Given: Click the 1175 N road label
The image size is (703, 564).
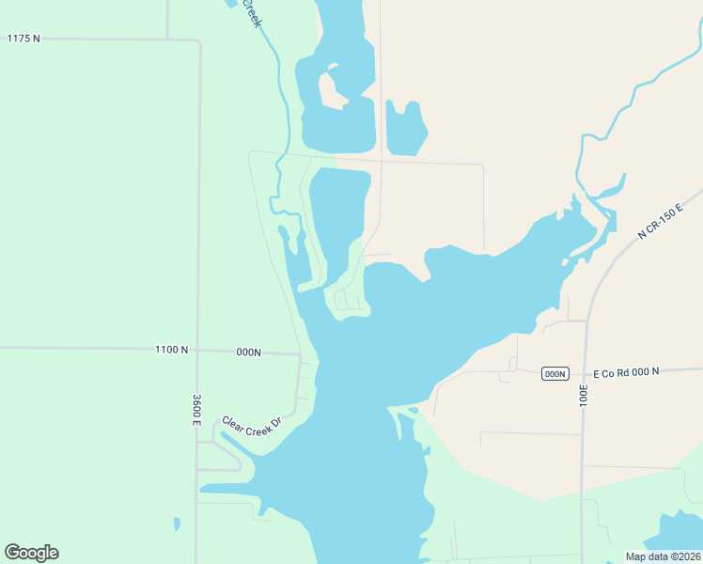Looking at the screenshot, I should pyautogui.click(x=23, y=39).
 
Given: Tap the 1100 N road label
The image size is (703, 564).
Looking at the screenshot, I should pyautogui.click(x=171, y=350).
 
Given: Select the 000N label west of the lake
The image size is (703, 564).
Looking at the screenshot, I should pyautogui.click(x=248, y=352).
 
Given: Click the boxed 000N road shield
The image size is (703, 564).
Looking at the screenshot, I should pyautogui.click(x=555, y=374).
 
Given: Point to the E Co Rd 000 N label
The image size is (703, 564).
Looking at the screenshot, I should pyautogui.click(x=620, y=372).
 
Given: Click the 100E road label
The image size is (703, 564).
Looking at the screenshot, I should pyautogui.click(x=584, y=394).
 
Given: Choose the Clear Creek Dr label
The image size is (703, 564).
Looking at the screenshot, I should pyautogui.click(x=252, y=427).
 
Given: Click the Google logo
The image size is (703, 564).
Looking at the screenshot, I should pyautogui.click(x=31, y=553).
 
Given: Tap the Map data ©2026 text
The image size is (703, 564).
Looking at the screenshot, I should pyautogui.click(x=663, y=556).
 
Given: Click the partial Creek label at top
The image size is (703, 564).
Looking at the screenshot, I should pyautogui.click(x=251, y=13).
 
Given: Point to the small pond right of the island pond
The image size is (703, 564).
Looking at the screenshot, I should pyautogui.click(x=406, y=129).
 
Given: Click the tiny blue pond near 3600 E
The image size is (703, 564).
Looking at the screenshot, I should pyautogui.click(x=177, y=524).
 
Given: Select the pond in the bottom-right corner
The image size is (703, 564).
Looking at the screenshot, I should pyautogui.click(x=675, y=534).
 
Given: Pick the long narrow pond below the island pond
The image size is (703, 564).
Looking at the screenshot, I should pyautogui.click(x=338, y=216).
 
